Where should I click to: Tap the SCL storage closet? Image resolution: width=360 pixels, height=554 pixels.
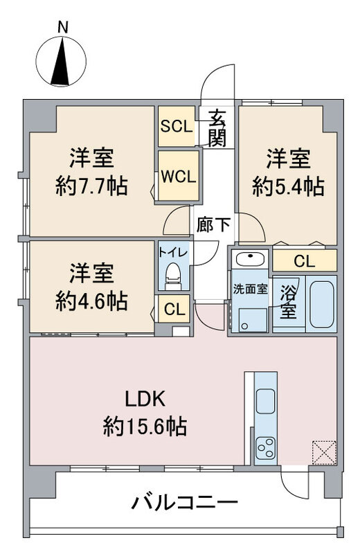point(177,126)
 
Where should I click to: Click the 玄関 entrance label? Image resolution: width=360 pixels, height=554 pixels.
point(217,129)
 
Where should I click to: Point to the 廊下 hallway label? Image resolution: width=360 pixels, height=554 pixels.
point(214,225)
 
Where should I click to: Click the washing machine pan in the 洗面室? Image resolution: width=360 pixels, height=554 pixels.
point(252,319)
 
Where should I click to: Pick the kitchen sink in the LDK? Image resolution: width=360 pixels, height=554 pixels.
point(266,402)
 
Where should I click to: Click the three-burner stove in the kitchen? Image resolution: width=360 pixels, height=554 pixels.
point(265,449)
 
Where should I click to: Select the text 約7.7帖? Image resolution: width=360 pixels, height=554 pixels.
point(91,187)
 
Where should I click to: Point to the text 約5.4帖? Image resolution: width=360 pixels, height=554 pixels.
point(288,187)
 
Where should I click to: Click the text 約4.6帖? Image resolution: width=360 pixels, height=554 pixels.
point(91,301)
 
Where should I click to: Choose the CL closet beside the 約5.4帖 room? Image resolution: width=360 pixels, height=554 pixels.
point(304,261)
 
